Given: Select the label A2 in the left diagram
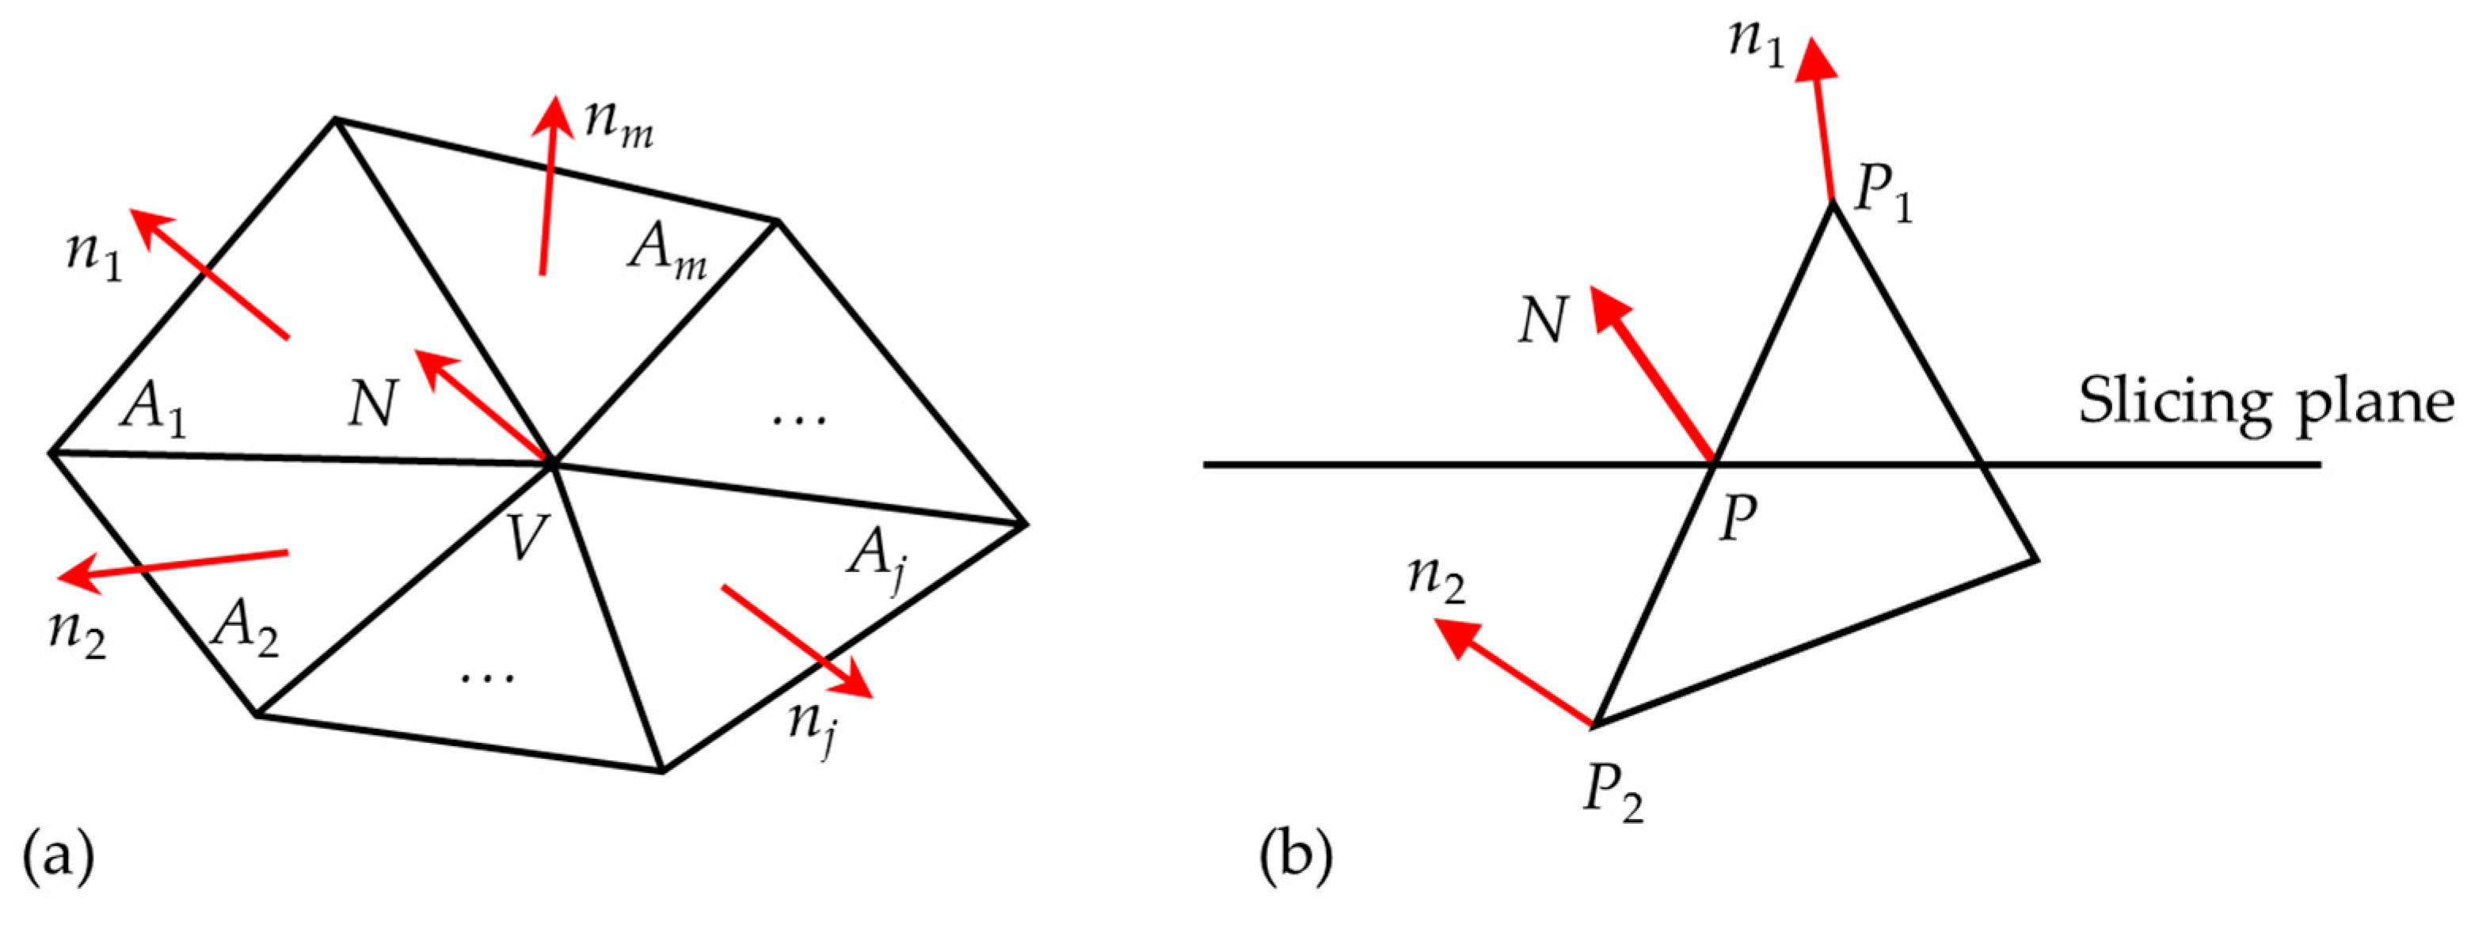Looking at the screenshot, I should (246, 630).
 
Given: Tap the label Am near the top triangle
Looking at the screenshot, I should (668, 251).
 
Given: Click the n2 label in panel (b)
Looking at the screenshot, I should (1437, 581).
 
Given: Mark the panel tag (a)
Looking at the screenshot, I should (58, 856).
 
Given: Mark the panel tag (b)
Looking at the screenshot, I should (1296, 856).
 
